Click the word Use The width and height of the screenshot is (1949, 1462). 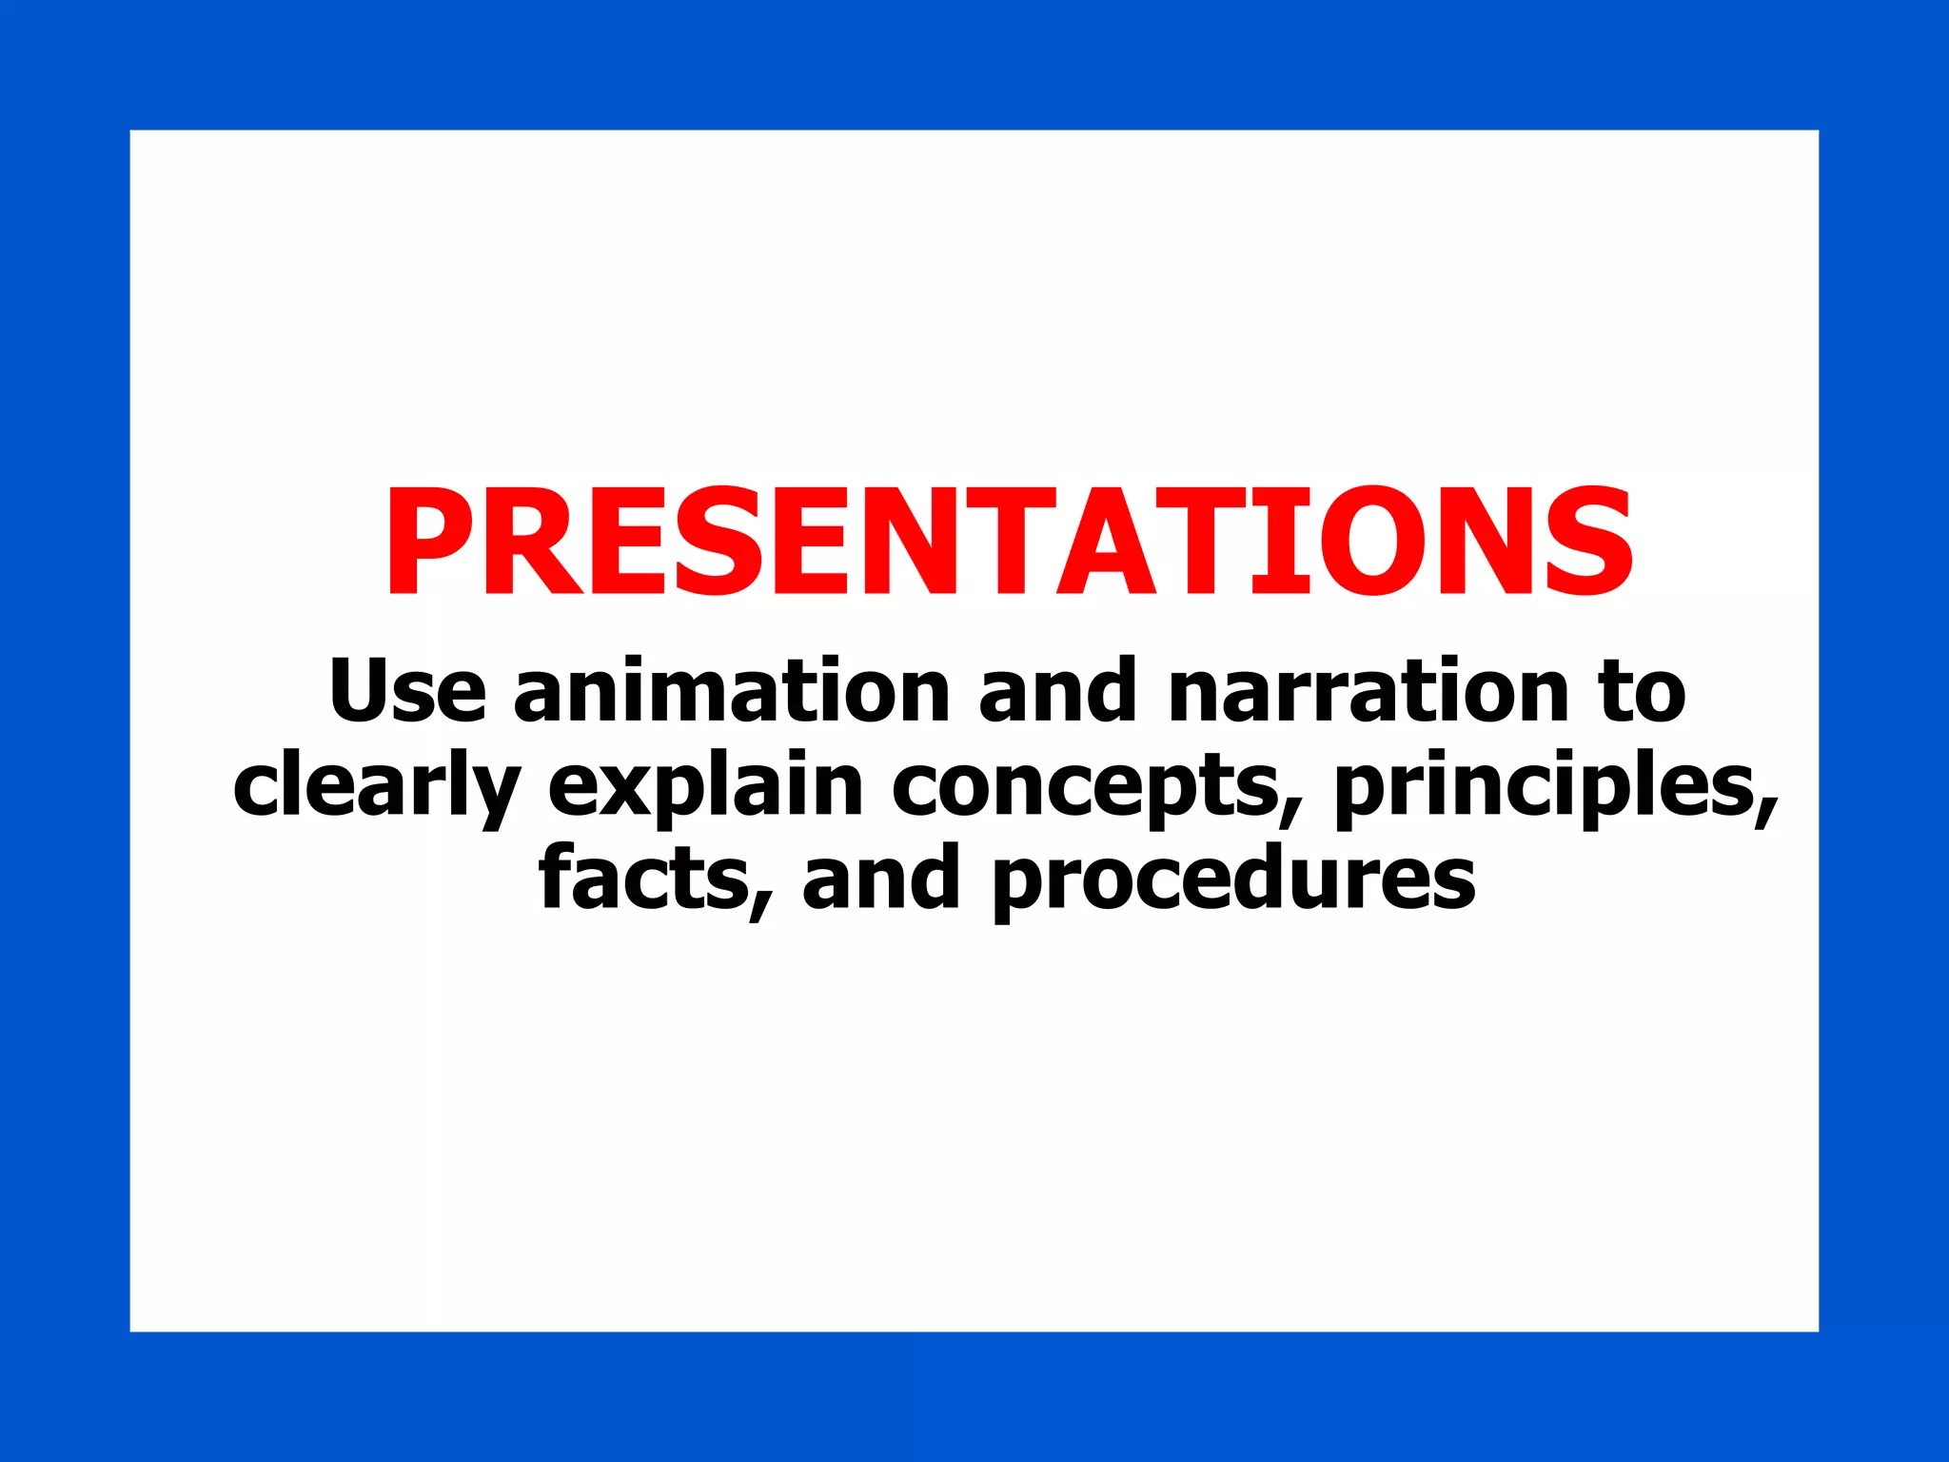click(x=407, y=689)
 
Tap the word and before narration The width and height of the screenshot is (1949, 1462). click(x=1057, y=689)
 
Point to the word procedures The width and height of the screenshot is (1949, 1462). click(x=1233, y=879)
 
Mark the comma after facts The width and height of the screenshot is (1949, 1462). click(x=759, y=904)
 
